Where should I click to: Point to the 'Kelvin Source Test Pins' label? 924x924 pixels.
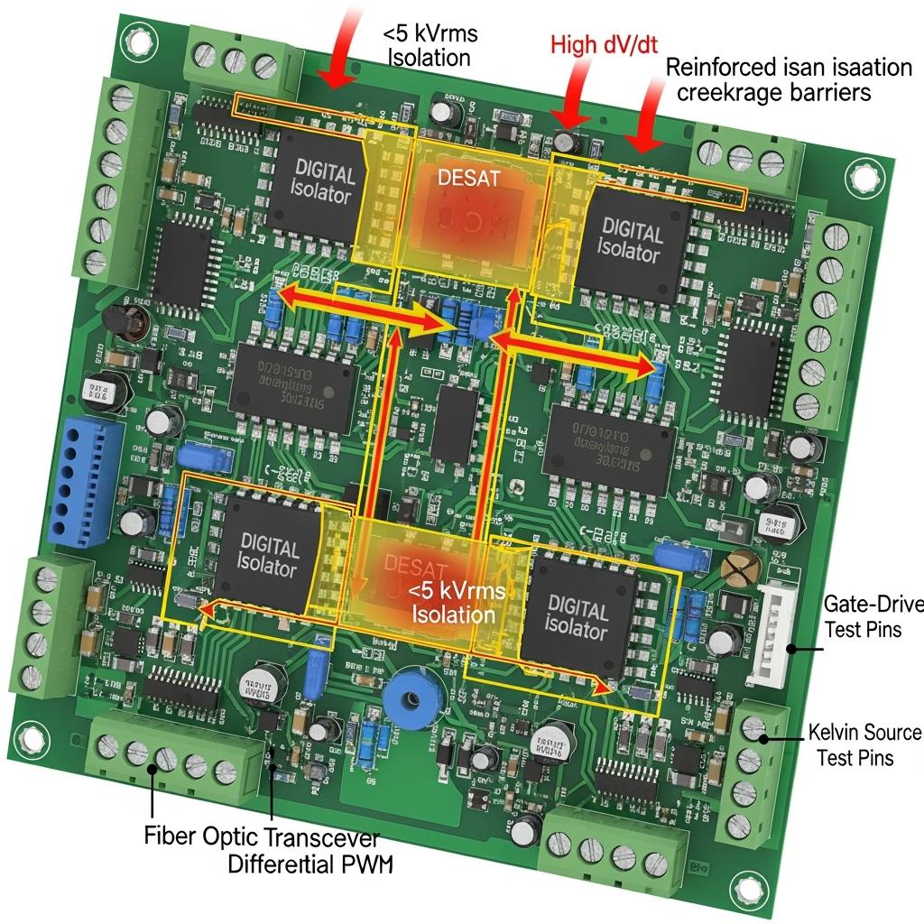pyautogui.click(x=864, y=744)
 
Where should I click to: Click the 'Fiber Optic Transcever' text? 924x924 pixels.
pyautogui.click(x=262, y=835)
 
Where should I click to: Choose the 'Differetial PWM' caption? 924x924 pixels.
pyautogui.click(x=311, y=864)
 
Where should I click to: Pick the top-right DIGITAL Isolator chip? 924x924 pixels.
pyautogui.click(x=632, y=238)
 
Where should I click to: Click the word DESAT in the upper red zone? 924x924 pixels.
pyautogui.click(x=467, y=178)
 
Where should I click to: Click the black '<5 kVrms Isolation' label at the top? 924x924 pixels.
pyautogui.click(x=430, y=46)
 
